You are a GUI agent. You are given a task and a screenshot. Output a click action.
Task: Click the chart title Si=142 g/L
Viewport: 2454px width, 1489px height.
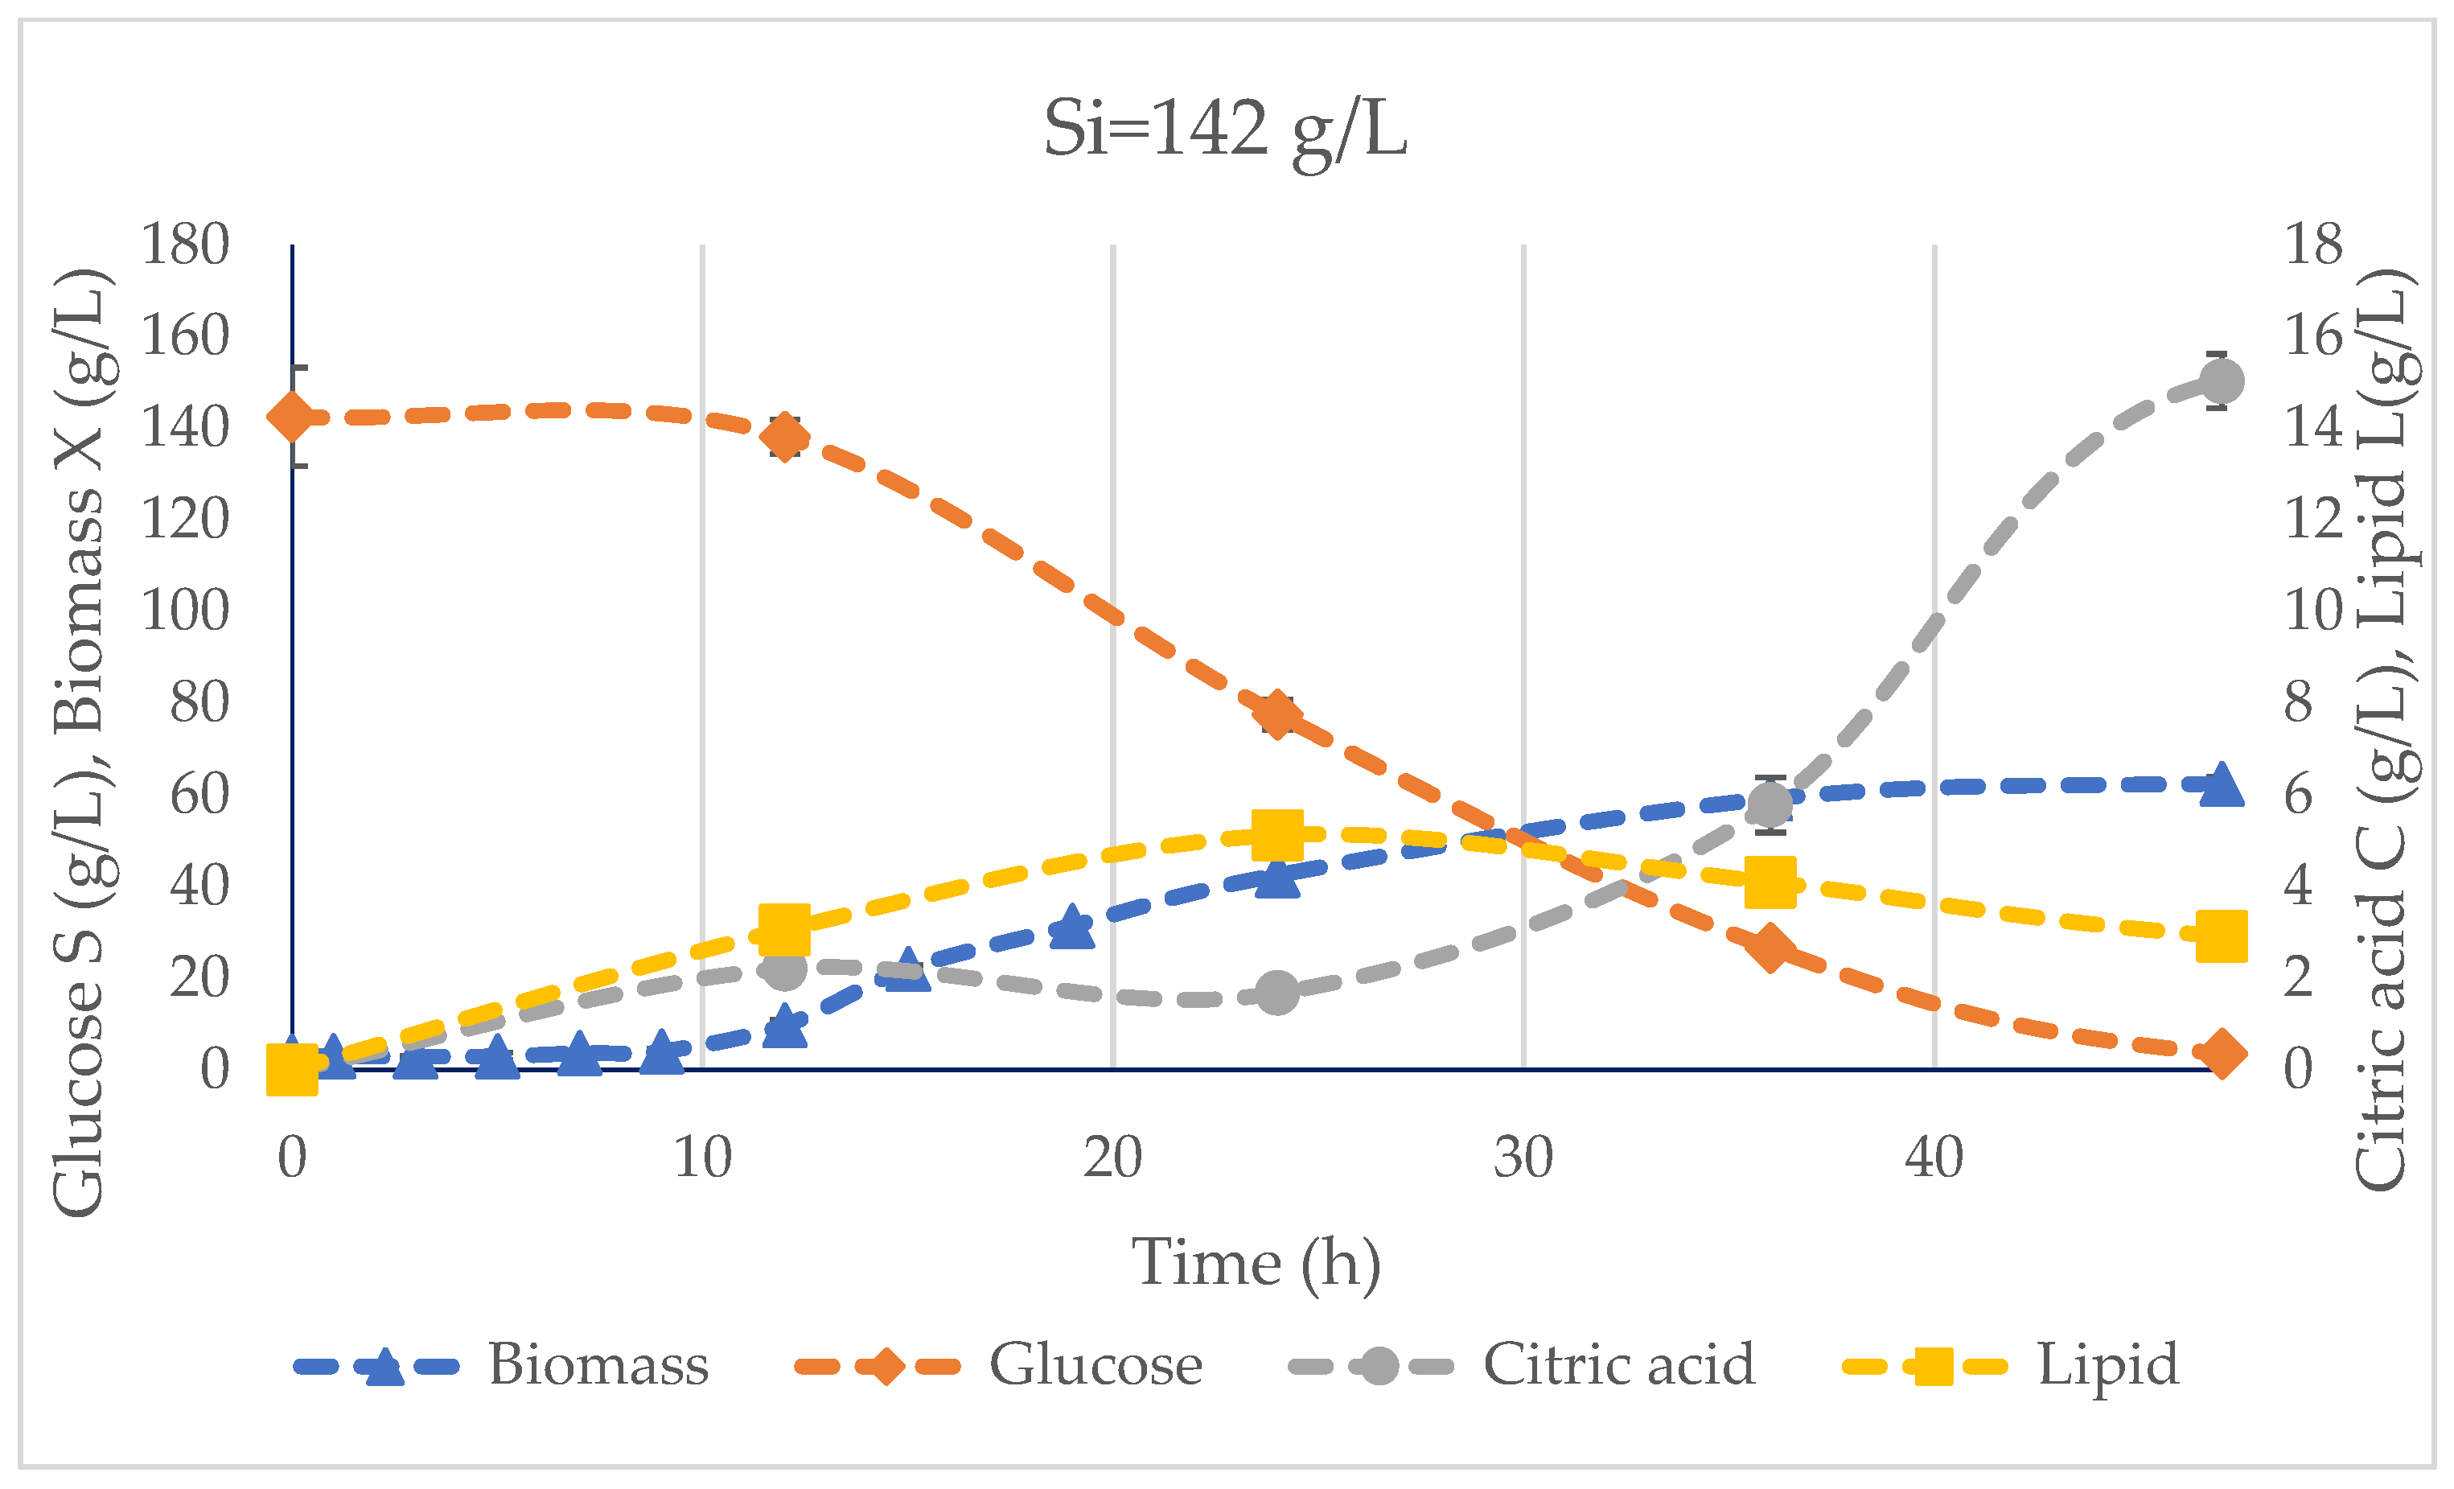click(x=1225, y=130)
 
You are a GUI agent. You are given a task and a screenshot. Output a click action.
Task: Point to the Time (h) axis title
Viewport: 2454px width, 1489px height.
click(x=1256, y=1263)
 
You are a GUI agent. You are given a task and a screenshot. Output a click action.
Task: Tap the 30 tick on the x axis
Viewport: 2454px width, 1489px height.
click(x=1523, y=1158)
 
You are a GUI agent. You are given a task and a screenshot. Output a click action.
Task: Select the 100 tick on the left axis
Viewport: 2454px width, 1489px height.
click(x=185, y=611)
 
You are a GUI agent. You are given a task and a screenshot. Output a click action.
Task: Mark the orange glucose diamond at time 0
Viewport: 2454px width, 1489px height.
click(x=292, y=417)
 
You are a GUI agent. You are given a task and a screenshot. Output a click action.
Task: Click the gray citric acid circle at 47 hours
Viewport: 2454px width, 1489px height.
click(x=2221, y=380)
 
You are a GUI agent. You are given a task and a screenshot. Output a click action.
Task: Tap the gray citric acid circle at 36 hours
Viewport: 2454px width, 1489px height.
click(x=1770, y=804)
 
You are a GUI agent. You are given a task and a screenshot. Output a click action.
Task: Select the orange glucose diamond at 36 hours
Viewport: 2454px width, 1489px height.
click(x=1770, y=947)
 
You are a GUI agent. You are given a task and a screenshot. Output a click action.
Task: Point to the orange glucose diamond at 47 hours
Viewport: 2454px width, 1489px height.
click(x=2221, y=1054)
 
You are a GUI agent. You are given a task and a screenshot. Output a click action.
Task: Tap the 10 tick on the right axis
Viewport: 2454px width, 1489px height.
click(x=2312, y=611)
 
